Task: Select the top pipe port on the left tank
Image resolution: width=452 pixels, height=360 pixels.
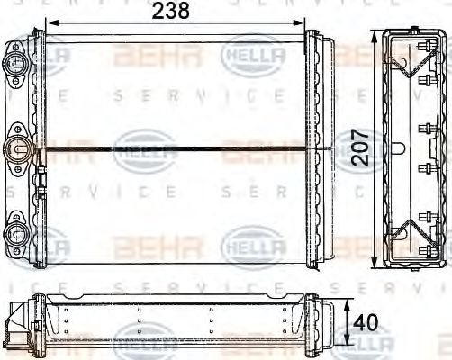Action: click(x=15, y=64)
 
